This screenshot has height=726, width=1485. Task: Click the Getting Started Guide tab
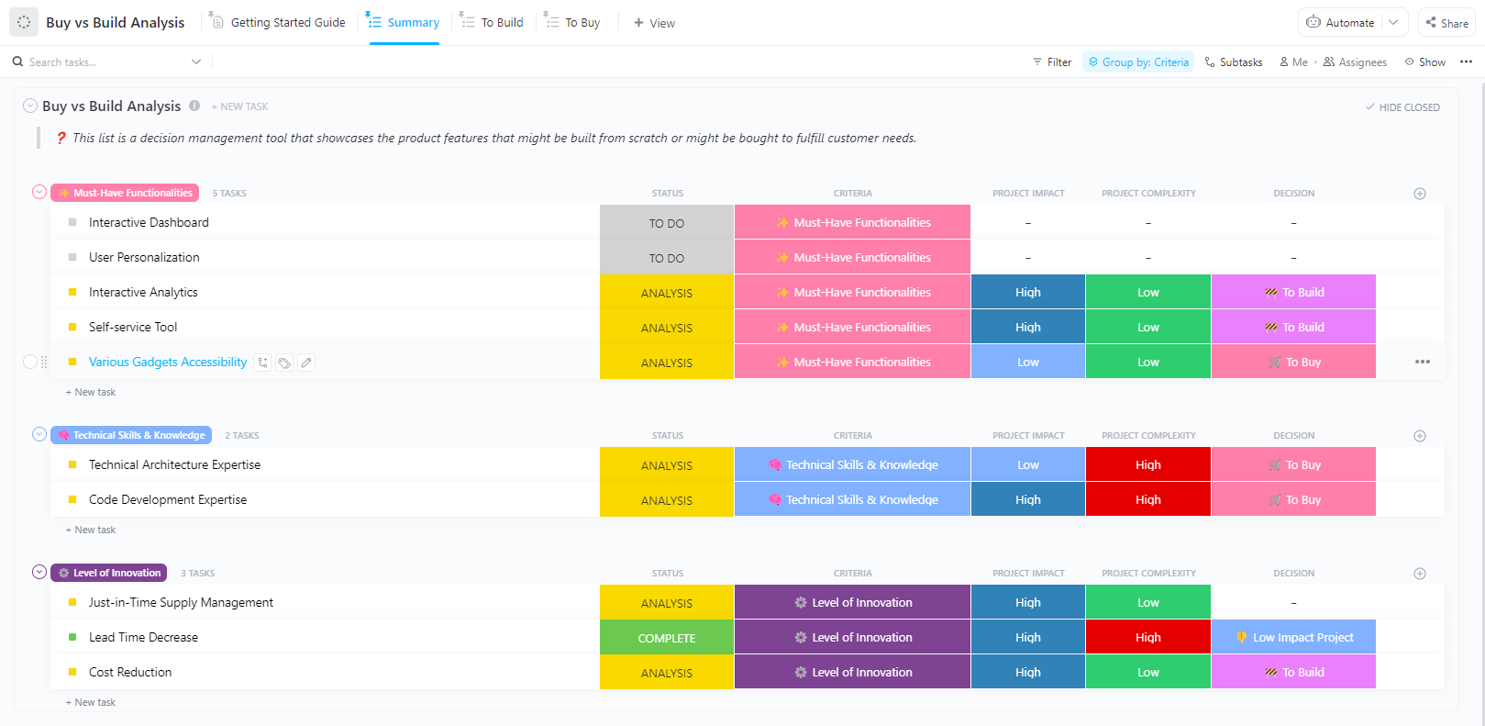pos(287,22)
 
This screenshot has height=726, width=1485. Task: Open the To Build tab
pos(502,22)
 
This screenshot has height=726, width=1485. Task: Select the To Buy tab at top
pos(582,22)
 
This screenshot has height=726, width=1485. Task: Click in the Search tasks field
pos(101,62)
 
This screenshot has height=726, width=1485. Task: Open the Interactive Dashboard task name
pos(149,222)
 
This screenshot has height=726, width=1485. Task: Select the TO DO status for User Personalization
pos(667,258)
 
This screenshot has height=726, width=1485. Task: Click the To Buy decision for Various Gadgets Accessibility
pos(1293,362)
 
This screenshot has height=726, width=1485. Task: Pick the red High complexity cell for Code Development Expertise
pos(1147,499)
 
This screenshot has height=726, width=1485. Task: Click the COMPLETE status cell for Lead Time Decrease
pos(667,638)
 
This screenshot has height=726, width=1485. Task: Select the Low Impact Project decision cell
pos(1293,637)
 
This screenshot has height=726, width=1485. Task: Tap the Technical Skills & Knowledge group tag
pos(131,435)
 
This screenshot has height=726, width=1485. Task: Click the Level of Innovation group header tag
pos(109,573)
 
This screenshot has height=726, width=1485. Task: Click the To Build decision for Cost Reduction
pos(1293,672)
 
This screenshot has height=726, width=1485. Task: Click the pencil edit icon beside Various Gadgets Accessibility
pos(306,363)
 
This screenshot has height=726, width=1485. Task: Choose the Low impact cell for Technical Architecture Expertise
pos(1027,464)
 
